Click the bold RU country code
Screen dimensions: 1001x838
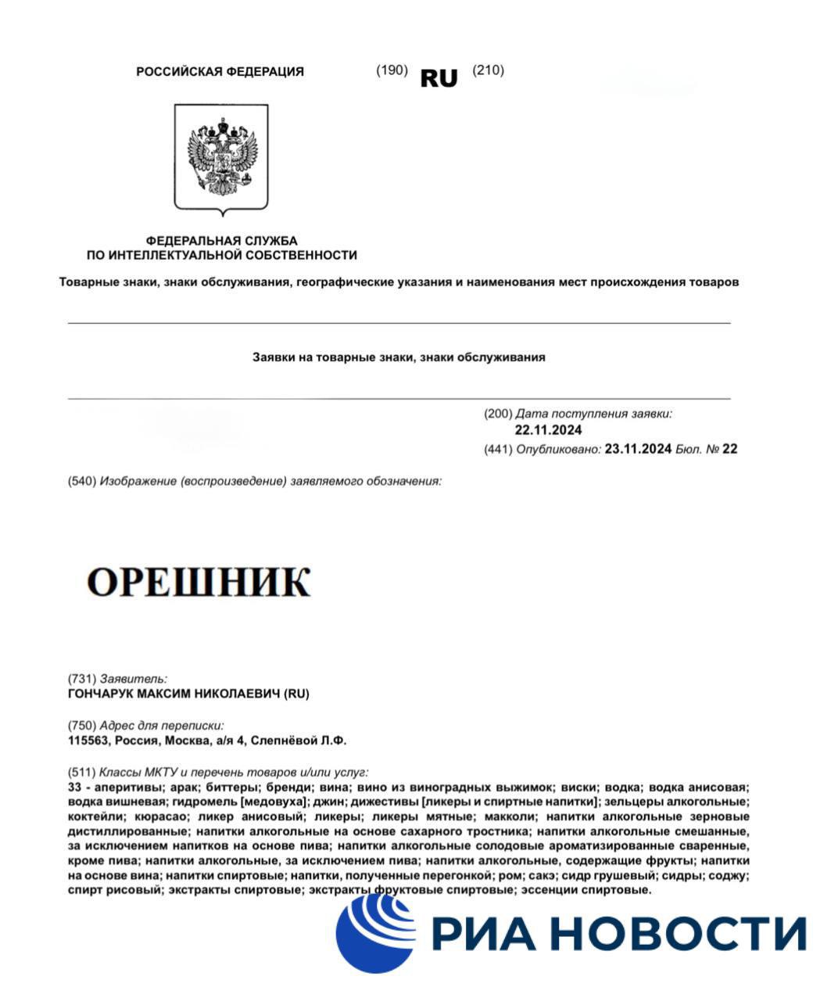(x=439, y=78)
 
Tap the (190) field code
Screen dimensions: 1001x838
(x=392, y=70)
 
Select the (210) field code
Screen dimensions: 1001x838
(x=488, y=70)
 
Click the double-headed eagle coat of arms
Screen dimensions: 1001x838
(x=221, y=157)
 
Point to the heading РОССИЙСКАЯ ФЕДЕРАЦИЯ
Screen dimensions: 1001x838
(x=220, y=71)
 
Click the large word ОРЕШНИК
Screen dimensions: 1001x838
(x=199, y=582)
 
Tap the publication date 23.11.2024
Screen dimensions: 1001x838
(x=638, y=449)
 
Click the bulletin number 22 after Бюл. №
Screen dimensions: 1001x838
(x=729, y=449)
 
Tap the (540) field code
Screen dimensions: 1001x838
(x=81, y=481)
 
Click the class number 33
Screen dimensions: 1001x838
(x=76, y=787)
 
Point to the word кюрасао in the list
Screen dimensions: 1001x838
(x=159, y=816)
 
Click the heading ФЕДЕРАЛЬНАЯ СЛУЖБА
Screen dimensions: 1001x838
(x=221, y=241)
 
